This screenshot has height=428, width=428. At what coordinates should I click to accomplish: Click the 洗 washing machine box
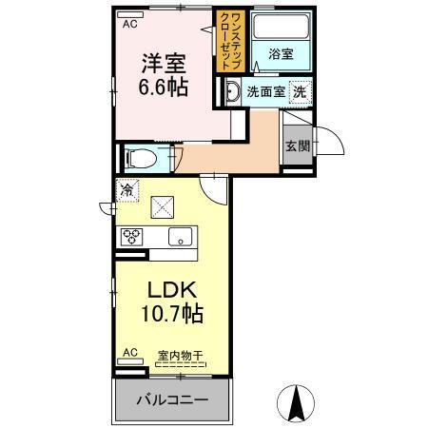point(299,92)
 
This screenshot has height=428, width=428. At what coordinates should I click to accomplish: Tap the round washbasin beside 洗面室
point(232,92)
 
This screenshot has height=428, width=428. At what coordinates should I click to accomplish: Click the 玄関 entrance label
point(296,146)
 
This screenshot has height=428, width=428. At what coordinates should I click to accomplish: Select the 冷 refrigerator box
point(127,188)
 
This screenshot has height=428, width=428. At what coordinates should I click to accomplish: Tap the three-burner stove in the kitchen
point(130,237)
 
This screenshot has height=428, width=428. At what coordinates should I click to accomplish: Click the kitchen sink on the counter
point(180,237)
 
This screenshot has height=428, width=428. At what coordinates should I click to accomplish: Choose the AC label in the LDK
point(126,353)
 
